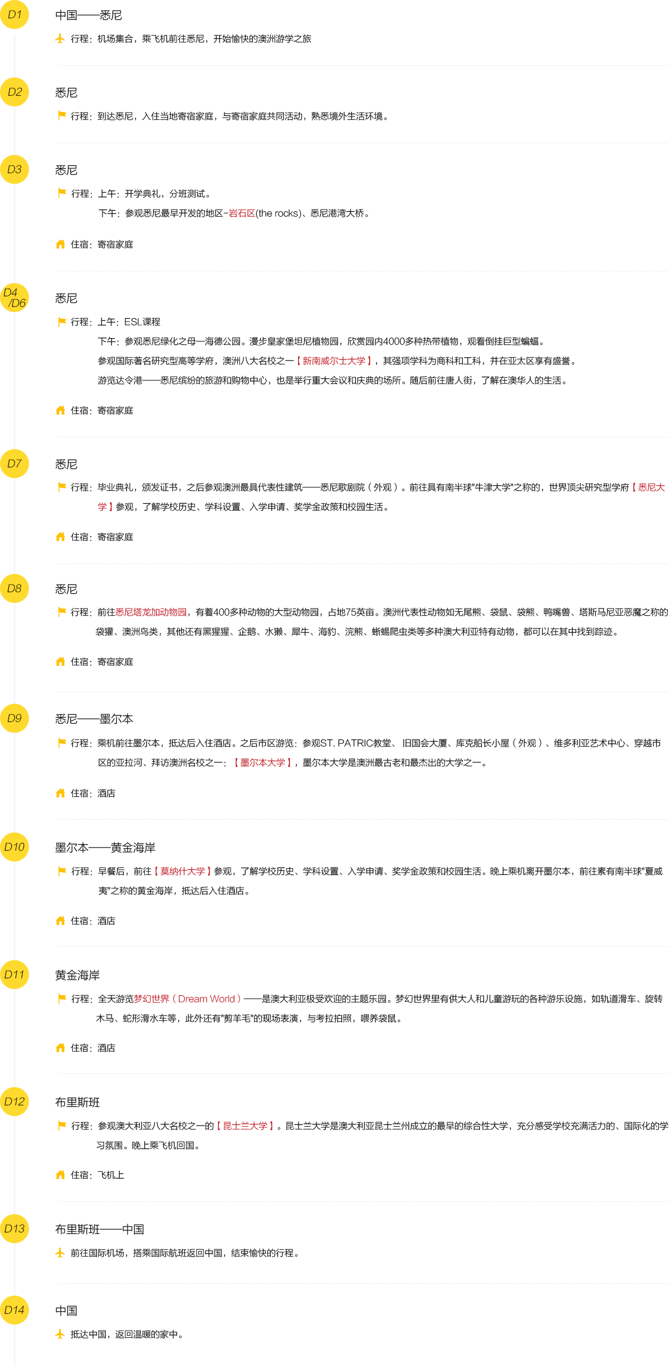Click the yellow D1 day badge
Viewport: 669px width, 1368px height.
pyautogui.click(x=14, y=14)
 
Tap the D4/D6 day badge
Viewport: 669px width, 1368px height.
pyautogui.click(x=14, y=298)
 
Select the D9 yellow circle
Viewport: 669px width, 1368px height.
pyautogui.click(x=14, y=718)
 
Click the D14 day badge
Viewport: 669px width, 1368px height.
pyautogui.click(x=14, y=1310)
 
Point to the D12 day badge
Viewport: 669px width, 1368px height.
pyautogui.click(x=14, y=1102)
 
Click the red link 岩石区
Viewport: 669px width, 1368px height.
pyautogui.click(x=242, y=213)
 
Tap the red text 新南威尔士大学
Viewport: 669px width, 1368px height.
pyautogui.click(x=334, y=361)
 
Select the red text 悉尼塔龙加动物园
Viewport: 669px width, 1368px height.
pyautogui.click(x=151, y=612)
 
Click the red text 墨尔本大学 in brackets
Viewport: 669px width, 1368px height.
pyautogui.click(x=262, y=763)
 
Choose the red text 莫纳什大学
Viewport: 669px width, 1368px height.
pyautogui.click(x=183, y=872)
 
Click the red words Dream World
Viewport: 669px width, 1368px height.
pyautogui.click(x=207, y=999)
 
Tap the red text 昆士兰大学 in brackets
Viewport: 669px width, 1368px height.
pyautogui.click(x=245, y=1126)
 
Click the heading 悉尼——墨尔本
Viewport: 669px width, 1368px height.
pyautogui.click(x=94, y=719)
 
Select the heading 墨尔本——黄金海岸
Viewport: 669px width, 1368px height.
pyautogui.click(x=105, y=848)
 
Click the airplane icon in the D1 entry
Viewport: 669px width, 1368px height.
pyautogui.click(x=60, y=38)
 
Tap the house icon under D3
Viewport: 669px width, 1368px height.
pyautogui.click(x=61, y=244)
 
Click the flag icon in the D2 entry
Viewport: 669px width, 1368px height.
pyautogui.click(x=62, y=115)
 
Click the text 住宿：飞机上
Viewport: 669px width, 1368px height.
pyautogui.click(x=97, y=1175)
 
